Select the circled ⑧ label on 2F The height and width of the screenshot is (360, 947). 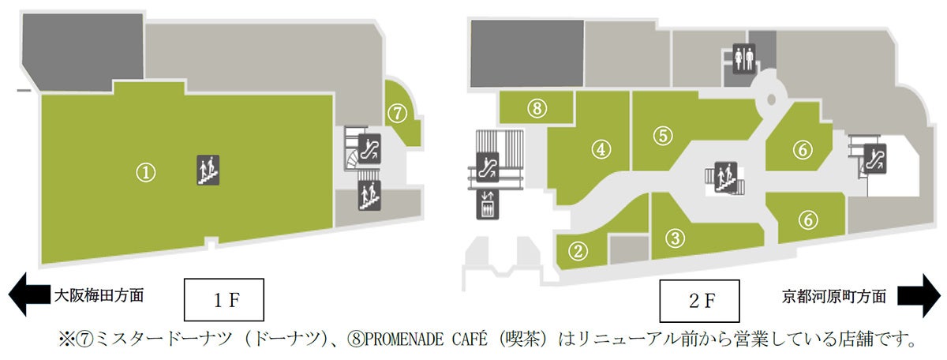tap(537, 109)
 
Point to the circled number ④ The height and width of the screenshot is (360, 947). tap(601, 148)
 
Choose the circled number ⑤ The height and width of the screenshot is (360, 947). tap(662, 135)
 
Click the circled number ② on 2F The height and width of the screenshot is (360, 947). tap(580, 251)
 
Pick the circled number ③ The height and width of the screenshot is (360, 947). tap(674, 237)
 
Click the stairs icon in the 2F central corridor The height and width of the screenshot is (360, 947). tap(724, 174)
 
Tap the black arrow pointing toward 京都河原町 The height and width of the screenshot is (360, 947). tap(919, 295)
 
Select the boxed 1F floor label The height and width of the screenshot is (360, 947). tap(223, 300)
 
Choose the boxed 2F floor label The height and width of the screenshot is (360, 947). tap(698, 300)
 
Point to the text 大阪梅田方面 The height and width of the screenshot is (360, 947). tap(99, 296)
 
